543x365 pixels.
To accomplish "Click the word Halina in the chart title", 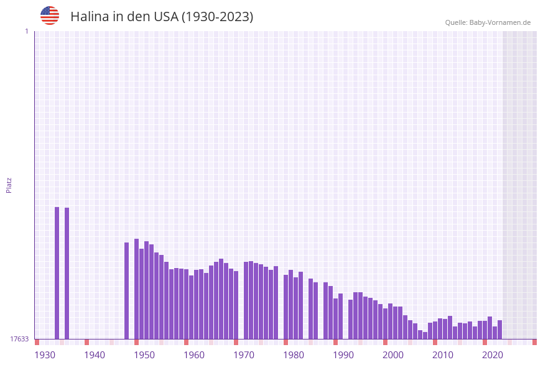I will [90, 17].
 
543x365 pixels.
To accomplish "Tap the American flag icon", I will [50, 16].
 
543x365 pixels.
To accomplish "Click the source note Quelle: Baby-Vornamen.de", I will [488, 22].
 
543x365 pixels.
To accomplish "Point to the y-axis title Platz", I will [9, 185].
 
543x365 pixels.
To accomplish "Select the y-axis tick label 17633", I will [19, 339].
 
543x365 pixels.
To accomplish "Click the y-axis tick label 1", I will [26, 31].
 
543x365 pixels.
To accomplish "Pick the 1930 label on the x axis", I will [45, 355].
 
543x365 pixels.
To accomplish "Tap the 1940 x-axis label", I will [95, 355].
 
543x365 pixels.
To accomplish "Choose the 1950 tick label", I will [144, 355].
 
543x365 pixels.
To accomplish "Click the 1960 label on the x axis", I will [194, 355].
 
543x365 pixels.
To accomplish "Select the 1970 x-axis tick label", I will [244, 355].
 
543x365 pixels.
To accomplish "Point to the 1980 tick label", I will [294, 355].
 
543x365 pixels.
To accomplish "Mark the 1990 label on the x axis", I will [343, 355].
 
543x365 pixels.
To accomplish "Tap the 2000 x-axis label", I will [393, 355].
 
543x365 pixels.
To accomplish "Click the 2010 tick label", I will [443, 355].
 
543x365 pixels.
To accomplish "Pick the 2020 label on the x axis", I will [493, 355].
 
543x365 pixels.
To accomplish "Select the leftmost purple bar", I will [57, 273].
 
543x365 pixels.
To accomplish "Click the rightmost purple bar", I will [499, 330].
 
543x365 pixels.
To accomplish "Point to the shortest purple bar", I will [425, 335].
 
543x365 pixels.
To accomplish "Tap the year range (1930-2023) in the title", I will [217, 17].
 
